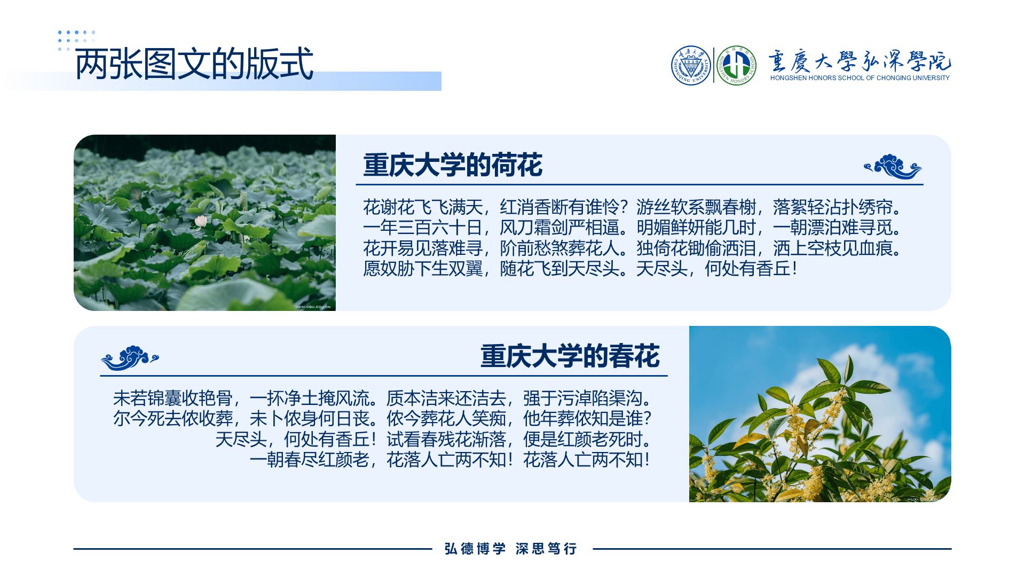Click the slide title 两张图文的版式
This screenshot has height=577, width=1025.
[194, 64]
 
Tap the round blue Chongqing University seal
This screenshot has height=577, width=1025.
[691, 65]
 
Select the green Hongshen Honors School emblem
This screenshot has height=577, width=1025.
[736, 65]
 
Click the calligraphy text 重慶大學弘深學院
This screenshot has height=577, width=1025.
[860, 61]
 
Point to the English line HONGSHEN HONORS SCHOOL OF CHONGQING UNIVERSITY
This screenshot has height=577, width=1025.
[860, 78]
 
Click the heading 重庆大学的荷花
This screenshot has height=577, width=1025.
[453, 165]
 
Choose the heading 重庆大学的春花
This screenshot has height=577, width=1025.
[570, 356]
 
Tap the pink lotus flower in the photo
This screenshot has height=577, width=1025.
[201, 220]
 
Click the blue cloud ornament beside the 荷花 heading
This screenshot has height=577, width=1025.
[893, 167]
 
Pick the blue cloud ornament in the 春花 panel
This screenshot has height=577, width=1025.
[130, 358]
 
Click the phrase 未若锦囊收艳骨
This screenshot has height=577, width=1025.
[173, 399]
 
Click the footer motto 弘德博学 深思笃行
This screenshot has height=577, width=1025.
[511, 549]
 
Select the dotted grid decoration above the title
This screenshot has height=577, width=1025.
[76, 41]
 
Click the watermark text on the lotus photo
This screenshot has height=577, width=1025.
[313, 307]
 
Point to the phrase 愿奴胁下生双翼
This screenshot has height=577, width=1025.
[423, 269]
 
